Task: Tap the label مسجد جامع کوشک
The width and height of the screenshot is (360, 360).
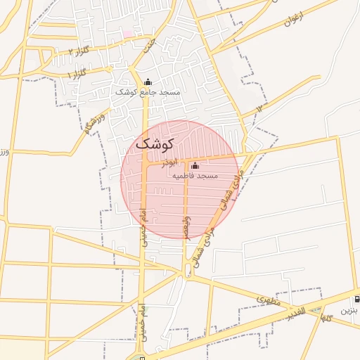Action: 158,92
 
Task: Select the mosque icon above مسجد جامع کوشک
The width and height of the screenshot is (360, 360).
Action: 148,82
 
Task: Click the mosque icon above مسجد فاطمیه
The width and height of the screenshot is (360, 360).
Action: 195,165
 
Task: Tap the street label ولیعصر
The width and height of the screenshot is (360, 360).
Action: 186,226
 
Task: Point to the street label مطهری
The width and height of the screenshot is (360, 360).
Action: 267,301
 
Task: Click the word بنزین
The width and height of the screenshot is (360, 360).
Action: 349,309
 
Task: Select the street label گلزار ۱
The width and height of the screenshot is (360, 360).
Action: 77,73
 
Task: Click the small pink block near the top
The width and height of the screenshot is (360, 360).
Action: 128,33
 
